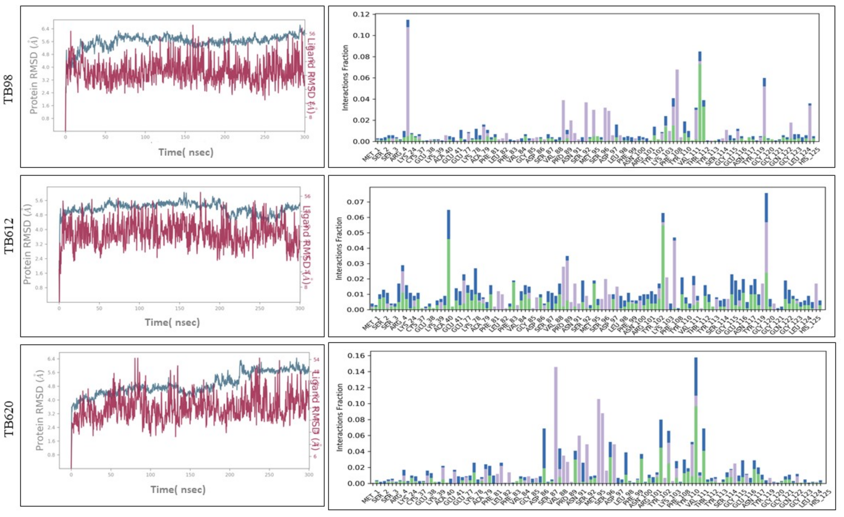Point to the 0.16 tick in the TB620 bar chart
tap(356, 356)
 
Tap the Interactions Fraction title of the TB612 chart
tap(339, 248)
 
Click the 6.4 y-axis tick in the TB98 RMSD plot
tap(45, 29)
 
